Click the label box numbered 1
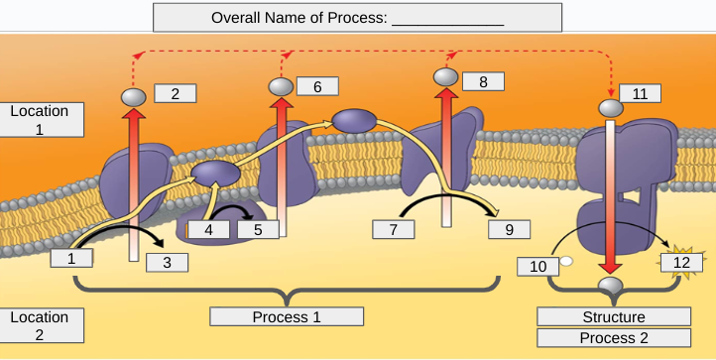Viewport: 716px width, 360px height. click(x=71, y=258)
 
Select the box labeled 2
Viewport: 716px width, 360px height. click(x=176, y=94)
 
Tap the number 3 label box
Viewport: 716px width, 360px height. click(x=167, y=263)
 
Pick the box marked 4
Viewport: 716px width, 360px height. click(x=208, y=229)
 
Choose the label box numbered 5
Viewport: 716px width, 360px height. click(x=258, y=229)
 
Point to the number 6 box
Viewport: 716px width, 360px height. click(x=317, y=87)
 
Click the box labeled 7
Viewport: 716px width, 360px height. click(x=394, y=229)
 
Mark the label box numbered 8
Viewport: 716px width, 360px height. click(x=483, y=81)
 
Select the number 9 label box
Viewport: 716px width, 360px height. click(x=510, y=229)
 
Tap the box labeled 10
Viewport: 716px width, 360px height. click(x=538, y=266)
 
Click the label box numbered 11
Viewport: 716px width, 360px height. click(x=640, y=94)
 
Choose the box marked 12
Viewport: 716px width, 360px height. click(x=681, y=263)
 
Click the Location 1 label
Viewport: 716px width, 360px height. click(x=40, y=119)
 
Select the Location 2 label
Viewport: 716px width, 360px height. click(x=40, y=325)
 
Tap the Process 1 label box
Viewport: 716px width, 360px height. click(x=287, y=317)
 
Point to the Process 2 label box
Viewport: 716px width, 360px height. click(x=614, y=337)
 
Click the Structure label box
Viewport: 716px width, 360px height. click(x=614, y=317)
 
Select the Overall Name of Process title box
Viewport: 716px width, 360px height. click(x=357, y=18)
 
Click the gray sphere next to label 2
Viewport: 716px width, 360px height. click(x=134, y=97)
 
